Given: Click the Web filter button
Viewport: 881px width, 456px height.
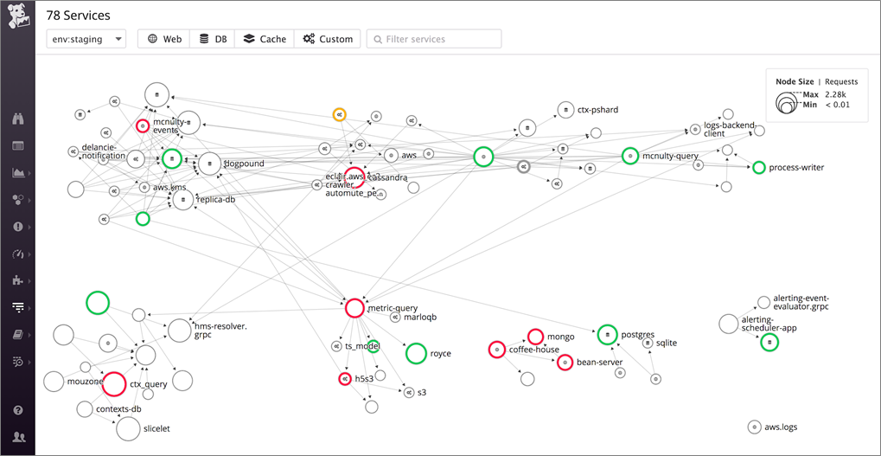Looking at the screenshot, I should (x=163, y=39).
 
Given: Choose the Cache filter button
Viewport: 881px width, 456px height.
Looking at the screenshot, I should (x=264, y=39).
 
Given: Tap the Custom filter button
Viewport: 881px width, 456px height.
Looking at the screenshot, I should (x=328, y=39).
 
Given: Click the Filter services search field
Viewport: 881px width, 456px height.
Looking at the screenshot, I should (x=434, y=39).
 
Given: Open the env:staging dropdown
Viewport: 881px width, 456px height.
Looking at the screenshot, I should (x=86, y=39).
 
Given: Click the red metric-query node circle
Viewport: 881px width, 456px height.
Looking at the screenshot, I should (x=354, y=308).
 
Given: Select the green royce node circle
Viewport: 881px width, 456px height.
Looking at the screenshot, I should (x=416, y=353).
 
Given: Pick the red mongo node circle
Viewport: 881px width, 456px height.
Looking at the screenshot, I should (x=535, y=337).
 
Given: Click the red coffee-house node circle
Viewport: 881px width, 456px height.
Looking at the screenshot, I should (x=496, y=350).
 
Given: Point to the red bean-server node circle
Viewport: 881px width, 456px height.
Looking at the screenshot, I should (x=565, y=362).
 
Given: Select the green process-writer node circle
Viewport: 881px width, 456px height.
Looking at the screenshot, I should (x=759, y=167).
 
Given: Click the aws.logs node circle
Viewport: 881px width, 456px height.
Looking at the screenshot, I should (x=755, y=427).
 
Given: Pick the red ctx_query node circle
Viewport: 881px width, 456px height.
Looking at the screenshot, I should (x=114, y=383).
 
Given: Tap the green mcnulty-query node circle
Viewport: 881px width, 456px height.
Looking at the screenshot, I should (x=629, y=156).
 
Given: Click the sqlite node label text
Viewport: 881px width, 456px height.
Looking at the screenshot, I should (x=666, y=343).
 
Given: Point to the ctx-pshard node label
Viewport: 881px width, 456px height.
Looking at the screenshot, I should (x=599, y=110).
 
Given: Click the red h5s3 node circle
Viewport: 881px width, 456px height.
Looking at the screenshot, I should (x=344, y=379).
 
